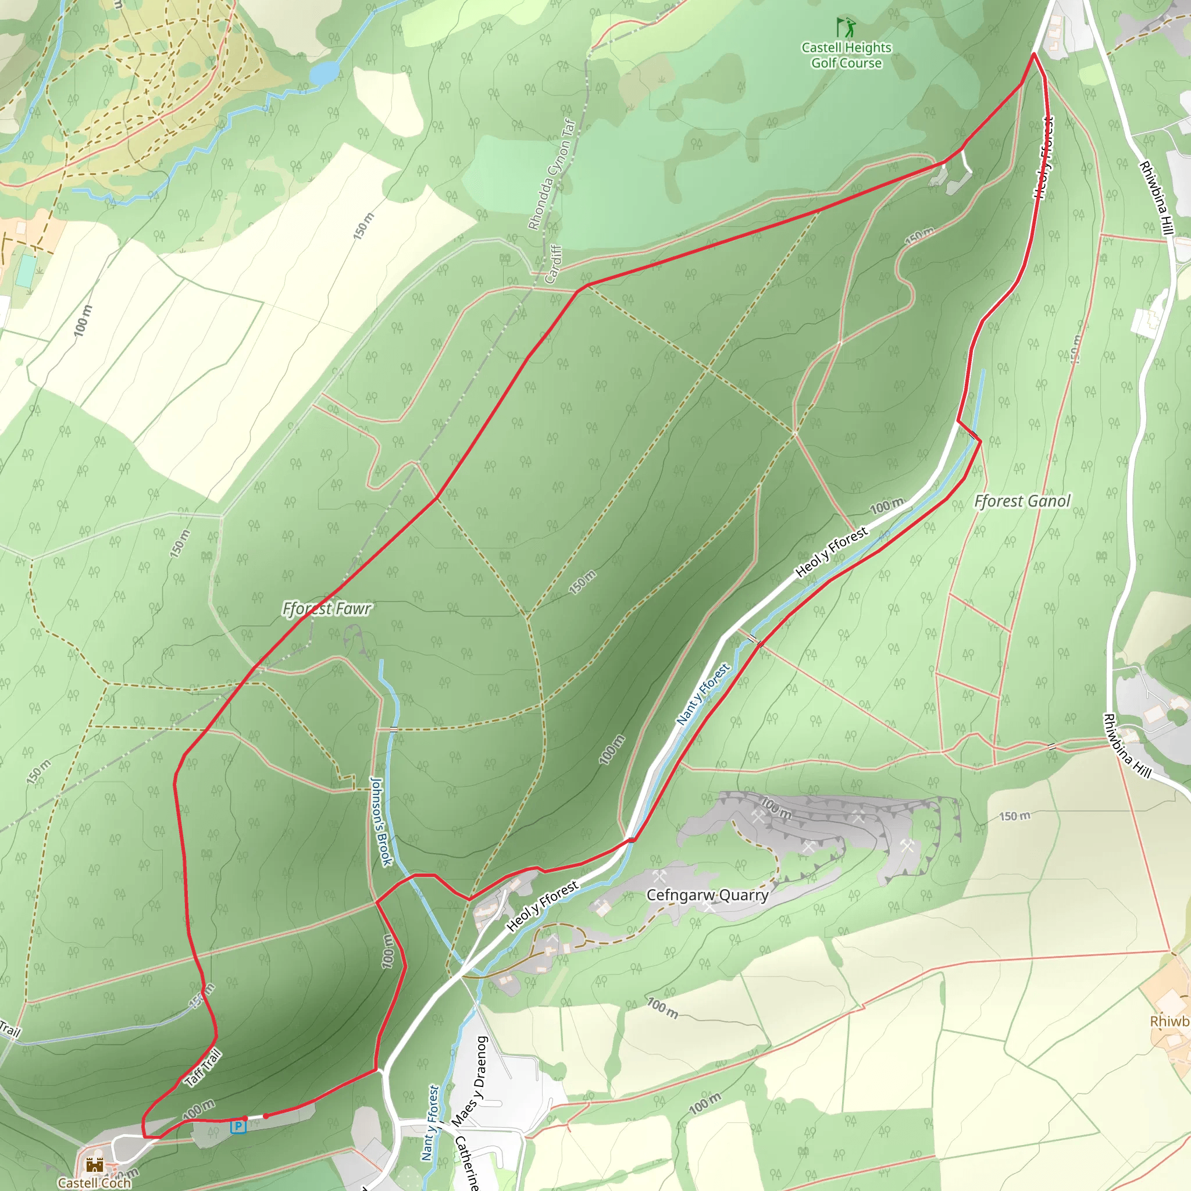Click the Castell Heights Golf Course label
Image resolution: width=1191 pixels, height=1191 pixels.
coord(846,55)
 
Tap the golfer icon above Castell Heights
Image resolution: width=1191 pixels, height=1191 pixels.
coord(846,27)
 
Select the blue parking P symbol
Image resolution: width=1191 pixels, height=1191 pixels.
coord(238,1127)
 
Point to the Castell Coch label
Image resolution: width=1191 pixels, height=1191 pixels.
coord(94,1182)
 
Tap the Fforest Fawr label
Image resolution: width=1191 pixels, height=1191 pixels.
coord(327,609)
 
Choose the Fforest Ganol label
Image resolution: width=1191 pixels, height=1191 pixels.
coord(1022,501)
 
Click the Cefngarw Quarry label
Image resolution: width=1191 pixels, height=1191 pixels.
coord(707,895)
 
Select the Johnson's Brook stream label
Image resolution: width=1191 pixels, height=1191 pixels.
coord(381,821)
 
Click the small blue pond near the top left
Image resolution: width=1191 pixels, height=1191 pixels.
coord(324,73)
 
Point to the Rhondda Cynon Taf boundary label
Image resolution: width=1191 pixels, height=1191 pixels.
coord(552,174)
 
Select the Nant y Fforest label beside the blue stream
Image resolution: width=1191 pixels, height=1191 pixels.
coord(703,694)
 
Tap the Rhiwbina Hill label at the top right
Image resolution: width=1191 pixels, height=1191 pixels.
coord(1156,197)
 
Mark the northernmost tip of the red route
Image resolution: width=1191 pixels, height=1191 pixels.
coord(1034,54)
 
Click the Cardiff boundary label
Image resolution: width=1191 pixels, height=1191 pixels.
coord(554,264)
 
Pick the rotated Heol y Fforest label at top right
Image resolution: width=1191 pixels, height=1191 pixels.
coord(1044,158)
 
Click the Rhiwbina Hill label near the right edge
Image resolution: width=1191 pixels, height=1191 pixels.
coord(1127,746)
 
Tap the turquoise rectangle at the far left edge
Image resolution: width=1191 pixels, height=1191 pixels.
coord(26,270)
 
